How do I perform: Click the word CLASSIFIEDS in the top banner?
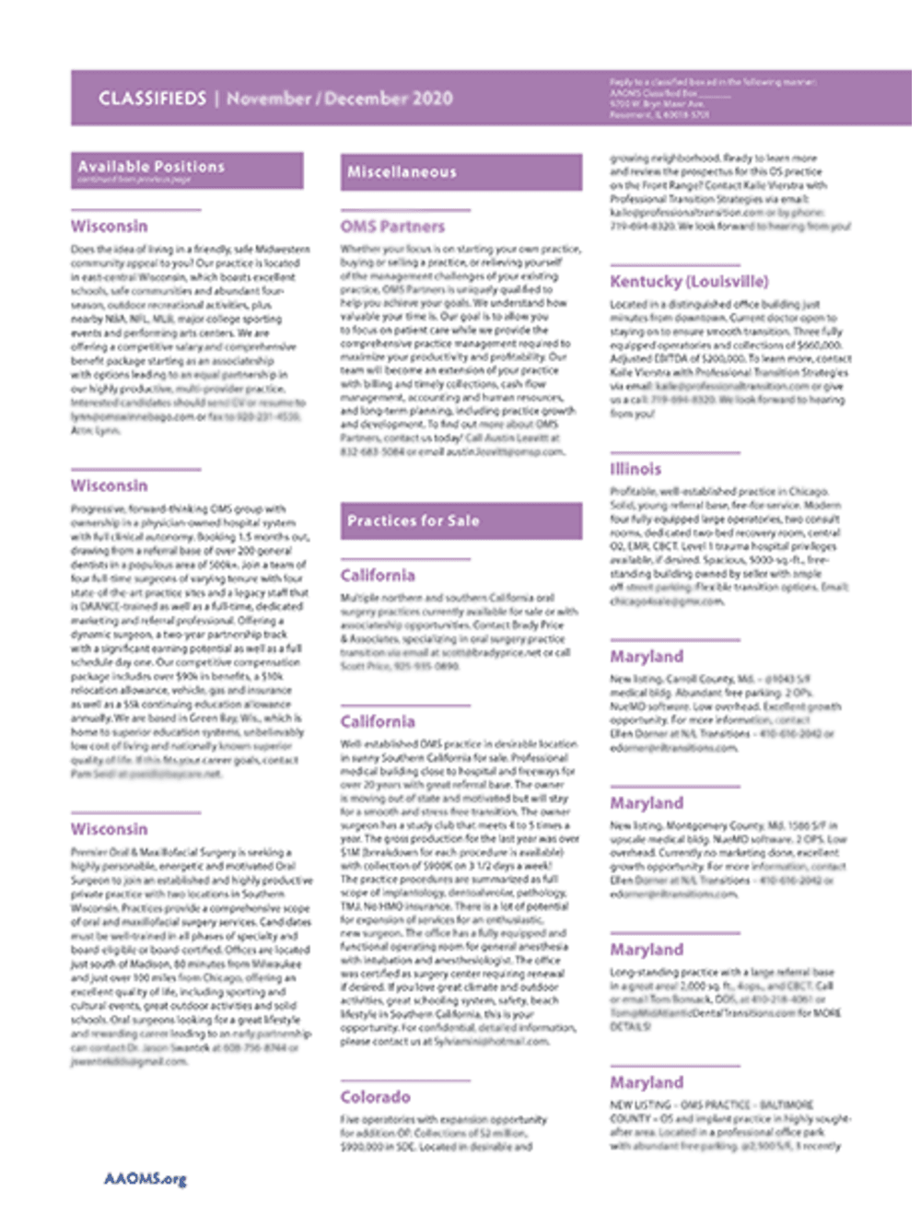pyautogui.click(x=152, y=99)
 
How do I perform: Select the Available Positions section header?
pyautogui.click(x=187, y=170)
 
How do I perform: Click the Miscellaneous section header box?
pyautogui.click(x=460, y=172)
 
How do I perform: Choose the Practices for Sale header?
pyautogui.click(x=460, y=520)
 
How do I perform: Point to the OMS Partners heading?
pyautogui.click(x=392, y=227)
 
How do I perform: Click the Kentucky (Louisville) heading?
pyautogui.click(x=688, y=281)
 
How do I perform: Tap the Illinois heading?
pyautogui.click(x=635, y=469)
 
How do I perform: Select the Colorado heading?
pyautogui.click(x=375, y=1097)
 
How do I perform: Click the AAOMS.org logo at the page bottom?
pyautogui.click(x=145, y=1179)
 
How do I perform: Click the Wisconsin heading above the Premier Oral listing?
pyautogui.click(x=109, y=829)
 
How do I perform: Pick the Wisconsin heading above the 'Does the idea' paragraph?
pyautogui.click(x=109, y=227)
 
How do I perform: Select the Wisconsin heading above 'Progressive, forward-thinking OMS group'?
pyautogui.click(x=109, y=485)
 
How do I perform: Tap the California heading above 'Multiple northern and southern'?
pyautogui.click(x=378, y=576)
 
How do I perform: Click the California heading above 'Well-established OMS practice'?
pyautogui.click(x=378, y=721)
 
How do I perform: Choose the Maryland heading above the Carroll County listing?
pyautogui.click(x=646, y=657)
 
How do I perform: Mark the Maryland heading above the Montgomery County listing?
pyautogui.click(x=646, y=803)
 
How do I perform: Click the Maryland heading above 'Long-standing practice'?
pyautogui.click(x=646, y=950)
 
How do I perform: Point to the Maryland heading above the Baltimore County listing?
pyautogui.click(x=646, y=1082)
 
